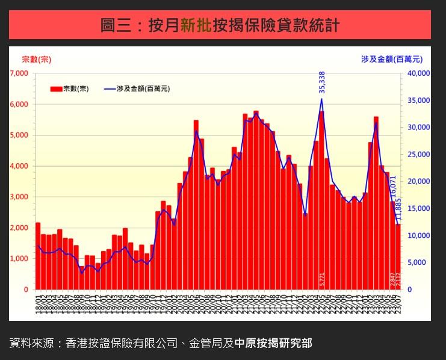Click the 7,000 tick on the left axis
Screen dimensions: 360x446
(19, 73)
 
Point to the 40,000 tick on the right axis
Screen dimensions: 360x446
(418, 73)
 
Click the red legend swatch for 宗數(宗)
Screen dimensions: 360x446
(56, 89)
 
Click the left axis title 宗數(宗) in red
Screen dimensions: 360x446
(37, 59)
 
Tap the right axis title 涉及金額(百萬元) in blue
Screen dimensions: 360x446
(392, 59)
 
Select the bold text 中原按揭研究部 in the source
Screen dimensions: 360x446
(273, 343)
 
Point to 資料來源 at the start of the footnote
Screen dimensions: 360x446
(29, 343)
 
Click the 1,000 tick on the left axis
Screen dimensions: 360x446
(19, 258)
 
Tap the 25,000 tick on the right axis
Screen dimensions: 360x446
(418, 155)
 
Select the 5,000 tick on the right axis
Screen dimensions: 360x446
(418, 262)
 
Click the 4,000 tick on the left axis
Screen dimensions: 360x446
(19, 166)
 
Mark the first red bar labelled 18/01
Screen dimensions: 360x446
(38, 256)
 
